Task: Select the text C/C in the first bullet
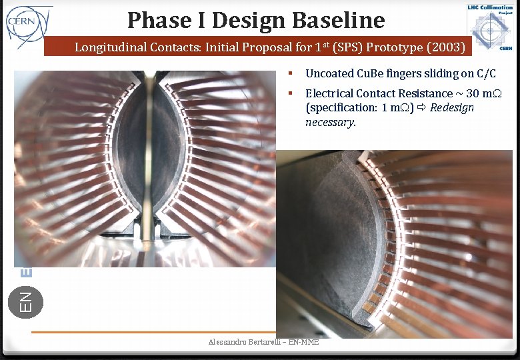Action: pyautogui.click(x=487, y=74)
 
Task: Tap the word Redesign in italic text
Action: pyautogui.click(x=452, y=108)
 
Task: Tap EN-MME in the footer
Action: pyautogui.click(x=303, y=342)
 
